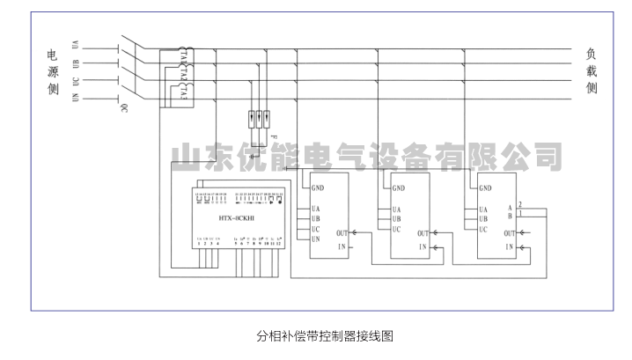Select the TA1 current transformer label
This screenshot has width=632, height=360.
tap(183, 55)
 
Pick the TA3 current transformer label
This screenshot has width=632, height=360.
tap(183, 91)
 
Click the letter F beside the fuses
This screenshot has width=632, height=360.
tap(275, 139)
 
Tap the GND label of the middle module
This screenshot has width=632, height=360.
tap(400, 187)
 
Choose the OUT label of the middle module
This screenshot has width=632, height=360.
tap(423, 233)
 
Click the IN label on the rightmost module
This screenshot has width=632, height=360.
tap(508, 249)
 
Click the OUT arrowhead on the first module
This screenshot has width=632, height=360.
tap(353, 233)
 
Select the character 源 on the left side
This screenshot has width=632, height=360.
tap(54, 71)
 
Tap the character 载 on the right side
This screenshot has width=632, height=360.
tap(592, 71)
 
